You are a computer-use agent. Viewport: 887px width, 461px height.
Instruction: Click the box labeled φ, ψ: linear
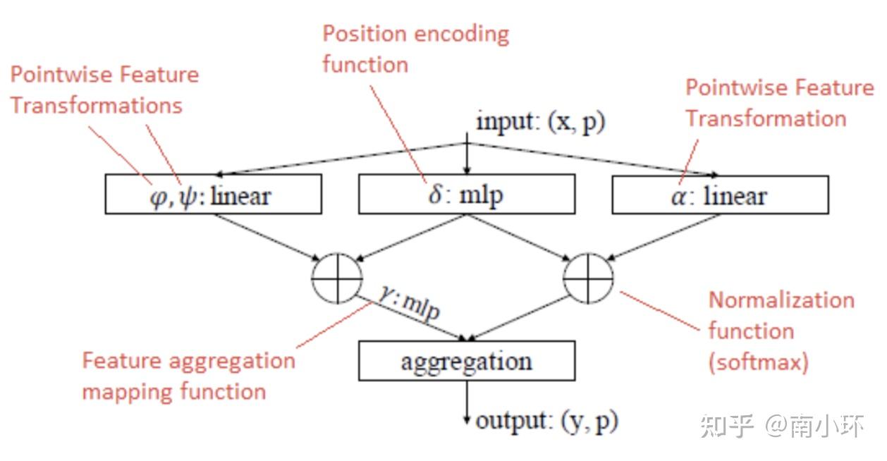pos(213,195)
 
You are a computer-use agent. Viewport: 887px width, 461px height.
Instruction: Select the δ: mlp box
pos(465,195)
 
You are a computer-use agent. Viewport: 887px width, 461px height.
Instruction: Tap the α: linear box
pos(719,195)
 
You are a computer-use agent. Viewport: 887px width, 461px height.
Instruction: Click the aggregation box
pos(466,362)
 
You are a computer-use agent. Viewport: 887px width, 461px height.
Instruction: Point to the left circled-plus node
pos(337,278)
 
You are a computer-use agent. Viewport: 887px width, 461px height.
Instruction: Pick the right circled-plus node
pos(588,278)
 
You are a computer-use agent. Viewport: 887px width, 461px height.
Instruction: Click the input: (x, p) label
pos(540,121)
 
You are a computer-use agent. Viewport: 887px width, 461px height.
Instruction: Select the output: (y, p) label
pos(546,422)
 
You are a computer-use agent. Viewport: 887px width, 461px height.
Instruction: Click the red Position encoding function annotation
pos(415,49)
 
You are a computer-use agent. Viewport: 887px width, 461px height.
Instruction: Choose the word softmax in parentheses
pos(758,362)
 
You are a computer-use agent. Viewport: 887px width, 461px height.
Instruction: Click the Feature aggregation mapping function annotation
pos(188,376)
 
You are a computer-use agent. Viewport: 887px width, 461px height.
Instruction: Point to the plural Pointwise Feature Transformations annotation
pos(104,90)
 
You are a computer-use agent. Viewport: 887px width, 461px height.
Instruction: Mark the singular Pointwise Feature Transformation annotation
pos(778,103)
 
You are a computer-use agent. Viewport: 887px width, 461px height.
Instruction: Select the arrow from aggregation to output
pos(466,402)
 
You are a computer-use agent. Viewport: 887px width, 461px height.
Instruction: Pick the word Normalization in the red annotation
pos(781,300)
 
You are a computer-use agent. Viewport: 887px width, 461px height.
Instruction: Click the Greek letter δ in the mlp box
pos(435,195)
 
